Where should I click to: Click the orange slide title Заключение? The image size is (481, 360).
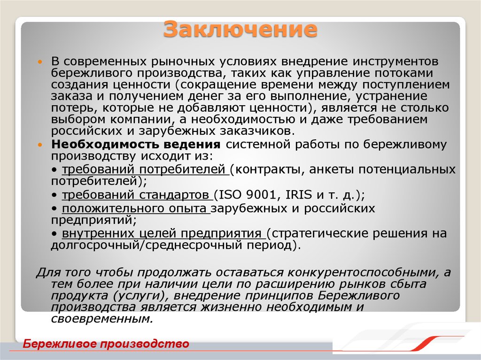click(x=240, y=29)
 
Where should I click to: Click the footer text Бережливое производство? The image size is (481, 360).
click(x=106, y=344)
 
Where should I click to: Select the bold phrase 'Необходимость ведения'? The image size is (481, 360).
click(x=136, y=144)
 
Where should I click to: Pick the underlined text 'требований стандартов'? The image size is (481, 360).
click(x=136, y=195)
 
